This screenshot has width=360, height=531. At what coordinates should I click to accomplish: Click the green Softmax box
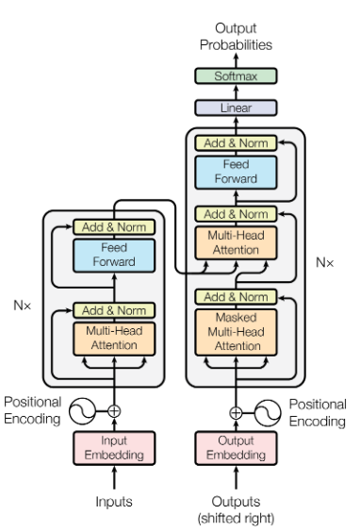click(236, 75)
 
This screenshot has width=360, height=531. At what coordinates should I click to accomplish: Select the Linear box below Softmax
click(236, 108)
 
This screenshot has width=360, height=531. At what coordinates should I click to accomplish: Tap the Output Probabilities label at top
click(236, 37)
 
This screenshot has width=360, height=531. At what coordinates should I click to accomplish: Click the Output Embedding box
click(236, 449)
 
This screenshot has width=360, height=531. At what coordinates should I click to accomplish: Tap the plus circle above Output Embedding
click(236, 412)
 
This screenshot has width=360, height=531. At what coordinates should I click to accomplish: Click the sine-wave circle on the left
click(86, 410)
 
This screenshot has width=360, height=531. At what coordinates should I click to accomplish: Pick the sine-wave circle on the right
click(269, 412)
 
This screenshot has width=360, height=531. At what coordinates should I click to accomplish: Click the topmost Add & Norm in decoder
click(236, 143)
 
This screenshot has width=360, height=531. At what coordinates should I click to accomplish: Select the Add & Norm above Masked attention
click(236, 296)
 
